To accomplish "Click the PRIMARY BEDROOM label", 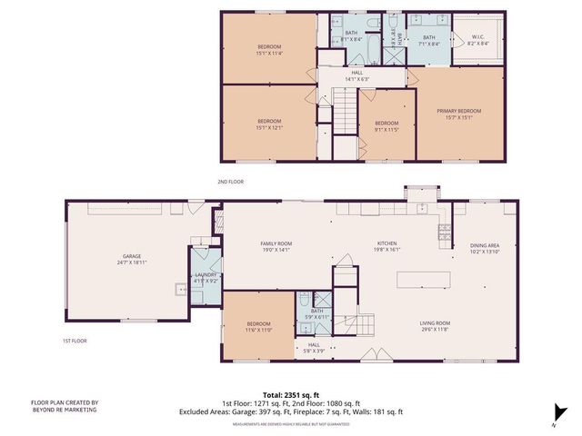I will (463, 111).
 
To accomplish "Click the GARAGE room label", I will (128, 258).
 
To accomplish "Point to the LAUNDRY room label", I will (206, 276).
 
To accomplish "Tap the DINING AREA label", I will (484, 245).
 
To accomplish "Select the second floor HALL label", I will (357, 74).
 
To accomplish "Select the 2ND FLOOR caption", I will (231, 182).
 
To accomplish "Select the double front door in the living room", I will (374, 354).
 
